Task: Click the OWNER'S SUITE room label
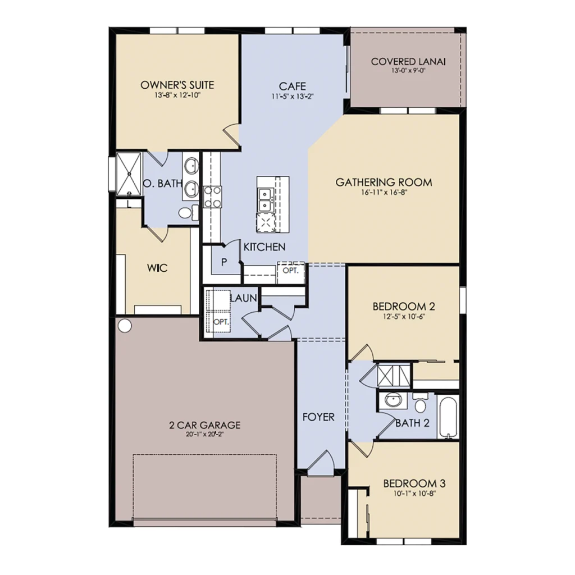tap(177, 85)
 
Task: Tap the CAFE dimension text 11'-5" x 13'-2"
tap(292, 97)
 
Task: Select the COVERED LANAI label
tap(408, 62)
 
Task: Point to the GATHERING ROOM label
tap(384, 182)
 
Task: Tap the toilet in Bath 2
tap(420, 403)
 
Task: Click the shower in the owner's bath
tap(129, 174)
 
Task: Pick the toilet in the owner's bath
tap(189, 213)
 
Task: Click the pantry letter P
tap(224, 262)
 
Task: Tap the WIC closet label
tap(157, 268)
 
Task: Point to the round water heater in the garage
tap(125, 325)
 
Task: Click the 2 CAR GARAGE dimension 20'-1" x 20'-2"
tap(204, 435)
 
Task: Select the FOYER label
tap(318, 417)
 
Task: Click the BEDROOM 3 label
tap(414, 483)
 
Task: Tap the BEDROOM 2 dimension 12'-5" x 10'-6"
tap(404, 317)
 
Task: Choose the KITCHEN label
tap(264, 247)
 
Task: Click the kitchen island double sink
tap(265, 199)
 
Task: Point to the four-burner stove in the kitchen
tap(212, 197)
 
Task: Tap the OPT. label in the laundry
tap(221, 322)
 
